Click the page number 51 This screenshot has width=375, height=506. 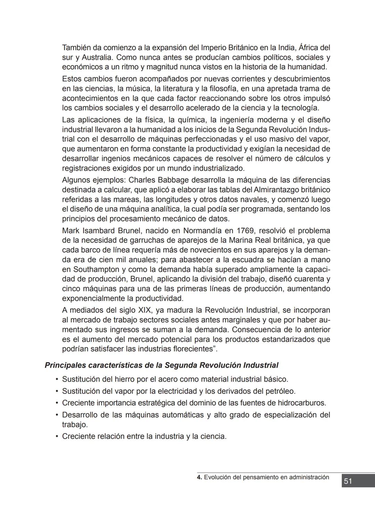(348, 481)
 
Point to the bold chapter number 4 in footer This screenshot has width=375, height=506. (199, 477)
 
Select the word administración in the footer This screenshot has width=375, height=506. (309, 477)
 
